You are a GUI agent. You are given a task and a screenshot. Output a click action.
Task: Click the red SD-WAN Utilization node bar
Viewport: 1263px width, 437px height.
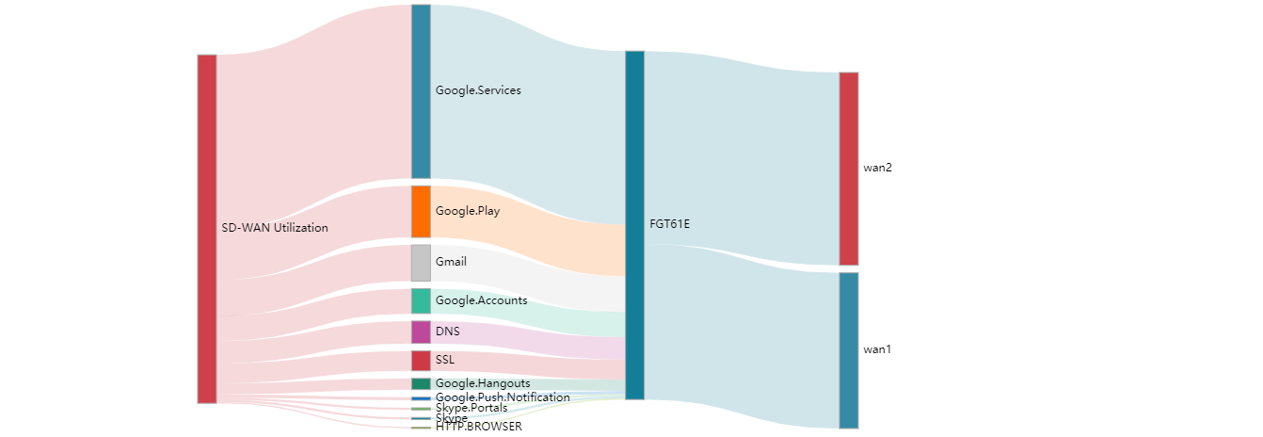coord(206,229)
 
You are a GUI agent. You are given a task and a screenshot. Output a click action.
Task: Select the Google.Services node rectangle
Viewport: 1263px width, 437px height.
coord(421,91)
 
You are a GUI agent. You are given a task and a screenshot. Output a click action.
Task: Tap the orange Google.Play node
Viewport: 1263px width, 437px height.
coord(421,211)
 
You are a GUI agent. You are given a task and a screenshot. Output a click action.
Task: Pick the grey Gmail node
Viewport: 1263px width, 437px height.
coord(421,263)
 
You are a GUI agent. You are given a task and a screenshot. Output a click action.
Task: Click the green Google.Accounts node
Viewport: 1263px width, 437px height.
coord(421,301)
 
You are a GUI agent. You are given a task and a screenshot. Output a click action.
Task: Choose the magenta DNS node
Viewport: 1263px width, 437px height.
coord(421,332)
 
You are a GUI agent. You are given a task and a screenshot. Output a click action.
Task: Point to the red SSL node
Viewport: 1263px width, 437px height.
coord(421,360)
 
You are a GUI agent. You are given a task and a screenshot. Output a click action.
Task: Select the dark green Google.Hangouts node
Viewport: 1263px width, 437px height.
coord(421,383)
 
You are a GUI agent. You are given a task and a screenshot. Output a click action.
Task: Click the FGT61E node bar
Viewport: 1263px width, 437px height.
coord(634,224)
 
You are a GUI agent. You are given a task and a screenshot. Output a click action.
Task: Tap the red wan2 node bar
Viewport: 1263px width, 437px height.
coord(848,169)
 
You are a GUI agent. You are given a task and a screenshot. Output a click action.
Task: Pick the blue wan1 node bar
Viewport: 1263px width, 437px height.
coord(848,350)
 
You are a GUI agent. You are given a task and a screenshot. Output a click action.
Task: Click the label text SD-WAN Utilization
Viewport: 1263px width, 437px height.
coord(275,228)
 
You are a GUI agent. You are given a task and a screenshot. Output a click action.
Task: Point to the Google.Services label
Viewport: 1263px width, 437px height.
coord(478,90)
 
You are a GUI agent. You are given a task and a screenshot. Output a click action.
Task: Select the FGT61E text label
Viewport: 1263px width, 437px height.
coord(670,224)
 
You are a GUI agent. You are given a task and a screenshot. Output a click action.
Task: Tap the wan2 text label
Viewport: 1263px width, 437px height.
coord(877,168)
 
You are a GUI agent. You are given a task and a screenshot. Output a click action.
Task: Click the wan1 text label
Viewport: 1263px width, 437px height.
coord(877,349)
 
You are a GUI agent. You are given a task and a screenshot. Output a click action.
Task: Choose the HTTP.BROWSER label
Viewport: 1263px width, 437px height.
coord(478,427)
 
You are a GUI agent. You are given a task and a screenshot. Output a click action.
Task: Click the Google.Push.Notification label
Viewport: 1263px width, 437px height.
coord(503,397)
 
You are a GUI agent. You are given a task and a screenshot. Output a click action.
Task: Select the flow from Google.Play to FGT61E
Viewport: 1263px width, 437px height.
coord(527,235)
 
